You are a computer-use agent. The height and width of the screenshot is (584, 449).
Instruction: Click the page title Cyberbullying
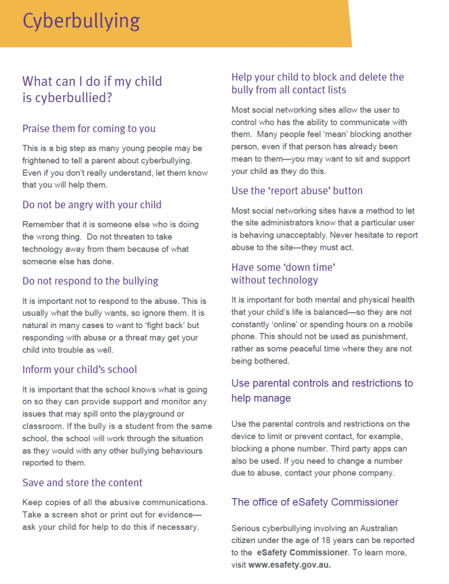pyautogui.click(x=81, y=21)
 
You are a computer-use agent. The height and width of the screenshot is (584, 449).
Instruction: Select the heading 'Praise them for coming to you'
pyautogui.click(x=89, y=129)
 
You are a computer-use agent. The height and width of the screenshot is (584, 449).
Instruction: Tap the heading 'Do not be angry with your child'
pyautogui.click(x=92, y=205)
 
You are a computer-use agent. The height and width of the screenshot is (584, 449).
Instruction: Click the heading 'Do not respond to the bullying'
pyautogui.click(x=90, y=281)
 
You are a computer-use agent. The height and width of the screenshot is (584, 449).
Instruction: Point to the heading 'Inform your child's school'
pyautogui.click(x=80, y=370)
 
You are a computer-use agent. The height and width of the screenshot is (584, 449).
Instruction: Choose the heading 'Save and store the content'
pyautogui.click(x=82, y=483)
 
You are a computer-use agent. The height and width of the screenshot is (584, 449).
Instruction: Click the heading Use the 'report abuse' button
pyautogui.click(x=297, y=191)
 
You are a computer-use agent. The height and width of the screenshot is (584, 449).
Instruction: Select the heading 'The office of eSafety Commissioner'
pyautogui.click(x=315, y=502)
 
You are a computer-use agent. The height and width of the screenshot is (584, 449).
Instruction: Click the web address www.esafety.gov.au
pyautogui.click(x=289, y=565)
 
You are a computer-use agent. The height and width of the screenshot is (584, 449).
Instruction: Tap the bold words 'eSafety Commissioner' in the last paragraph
pyautogui.click(x=295, y=553)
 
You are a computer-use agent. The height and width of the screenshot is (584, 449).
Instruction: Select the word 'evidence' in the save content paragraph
pyautogui.click(x=172, y=515)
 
